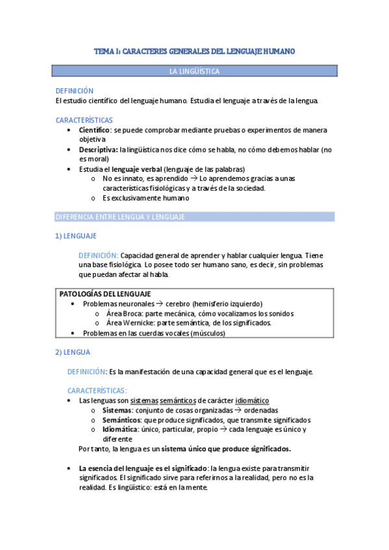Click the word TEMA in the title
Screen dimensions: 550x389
(103, 50)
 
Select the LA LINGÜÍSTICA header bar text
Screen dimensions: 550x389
(194, 71)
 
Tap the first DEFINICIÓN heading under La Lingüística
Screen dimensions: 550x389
(75, 91)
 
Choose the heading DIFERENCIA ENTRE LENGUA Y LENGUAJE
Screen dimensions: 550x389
(121, 216)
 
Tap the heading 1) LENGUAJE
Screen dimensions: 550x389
(76, 237)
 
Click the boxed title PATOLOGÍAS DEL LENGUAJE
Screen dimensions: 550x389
(105, 294)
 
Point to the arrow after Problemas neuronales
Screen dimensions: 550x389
(159, 304)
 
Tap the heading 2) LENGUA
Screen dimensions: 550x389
(73, 352)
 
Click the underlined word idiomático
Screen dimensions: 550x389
(252, 401)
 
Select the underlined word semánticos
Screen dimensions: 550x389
(178, 401)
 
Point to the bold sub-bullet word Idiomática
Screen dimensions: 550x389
(120, 429)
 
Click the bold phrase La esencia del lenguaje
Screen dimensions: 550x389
(125, 468)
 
